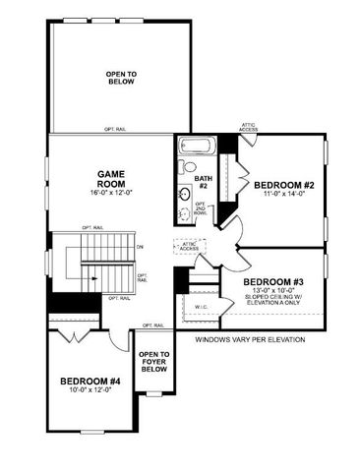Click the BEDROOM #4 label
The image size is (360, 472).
click(x=90, y=381)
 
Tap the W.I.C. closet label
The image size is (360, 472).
click(x=201, y=306)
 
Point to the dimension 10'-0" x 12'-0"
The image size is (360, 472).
click(x=90, y=391)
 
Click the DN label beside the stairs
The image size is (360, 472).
click(x=140, y=246)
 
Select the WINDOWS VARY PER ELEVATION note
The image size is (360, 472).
click(x=249, y=340)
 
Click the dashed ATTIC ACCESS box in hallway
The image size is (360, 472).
click(x=189, y=247)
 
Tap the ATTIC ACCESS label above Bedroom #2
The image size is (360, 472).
click(x=248, y=127)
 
